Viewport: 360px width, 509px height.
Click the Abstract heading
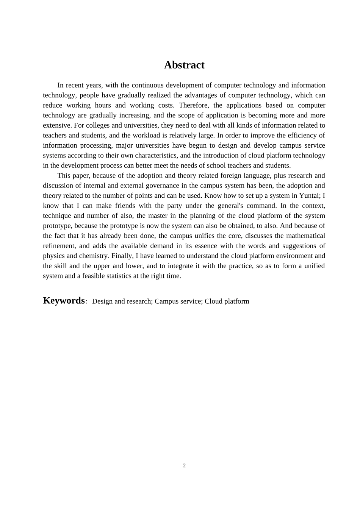click(x=184, y=65)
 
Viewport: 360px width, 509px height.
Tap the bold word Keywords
click(x=64, y=301)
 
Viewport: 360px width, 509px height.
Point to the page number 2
click(x=185, y=466)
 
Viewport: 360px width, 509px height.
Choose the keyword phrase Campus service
click(x=178, y=301)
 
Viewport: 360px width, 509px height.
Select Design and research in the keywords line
click(x=122, y=301)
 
